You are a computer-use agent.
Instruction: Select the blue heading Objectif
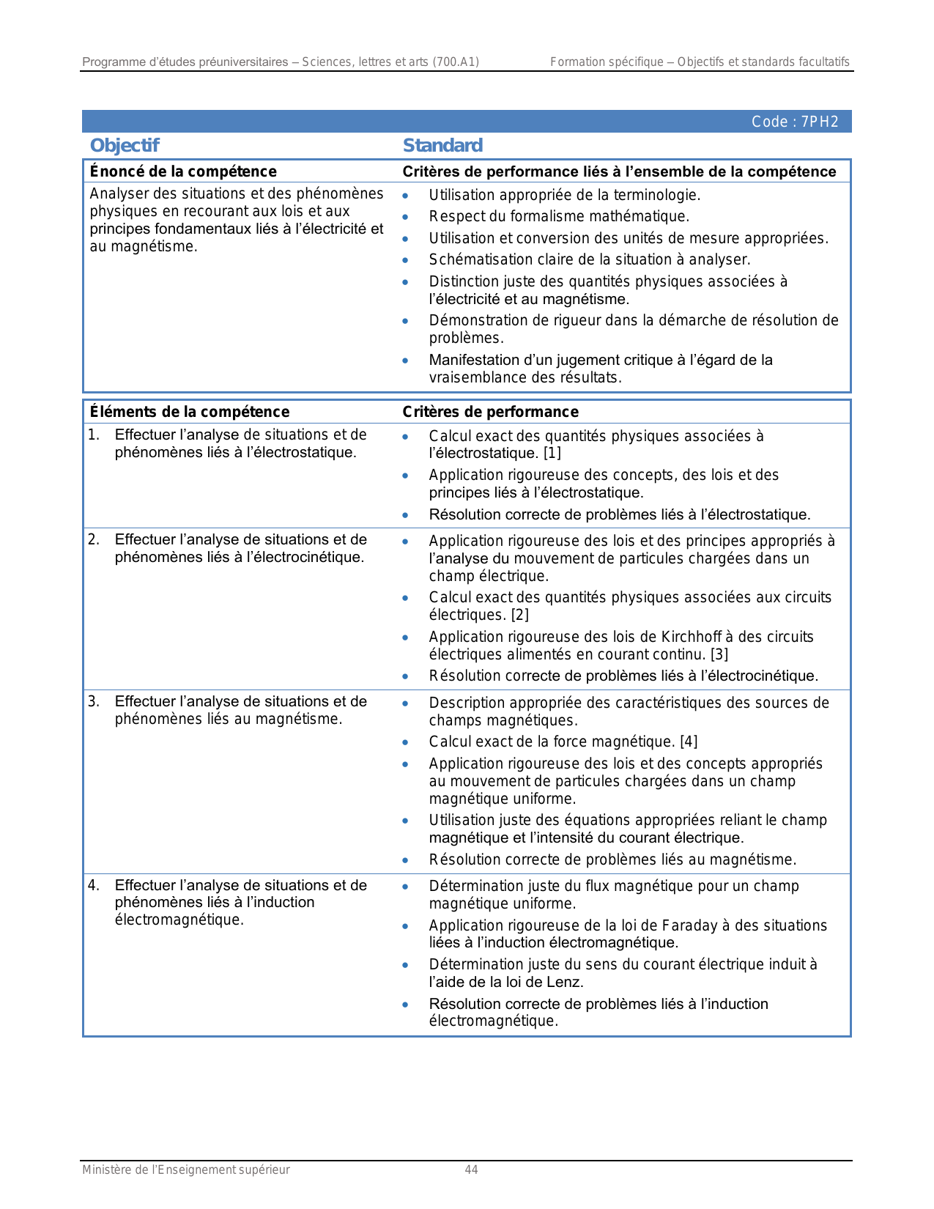point(124,145)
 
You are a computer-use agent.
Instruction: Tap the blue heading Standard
point(442,145)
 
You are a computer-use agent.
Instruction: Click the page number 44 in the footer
point(471,1170)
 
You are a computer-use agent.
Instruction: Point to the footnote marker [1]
point(552,454)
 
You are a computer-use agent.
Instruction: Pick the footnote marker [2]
point(519,615)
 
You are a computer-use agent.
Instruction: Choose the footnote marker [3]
point(719,654)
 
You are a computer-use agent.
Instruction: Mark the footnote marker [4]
point(689,742)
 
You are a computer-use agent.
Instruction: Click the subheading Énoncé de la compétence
point(183,171)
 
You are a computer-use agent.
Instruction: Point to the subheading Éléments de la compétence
point(189,412)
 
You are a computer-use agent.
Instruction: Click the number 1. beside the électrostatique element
point(94,435)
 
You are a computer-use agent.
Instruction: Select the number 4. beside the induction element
point(94,885)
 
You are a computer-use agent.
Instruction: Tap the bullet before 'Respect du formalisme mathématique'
point(405,217)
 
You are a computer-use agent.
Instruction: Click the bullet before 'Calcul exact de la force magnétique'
point(405,742)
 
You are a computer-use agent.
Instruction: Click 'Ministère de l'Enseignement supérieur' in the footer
point(185,1170)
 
